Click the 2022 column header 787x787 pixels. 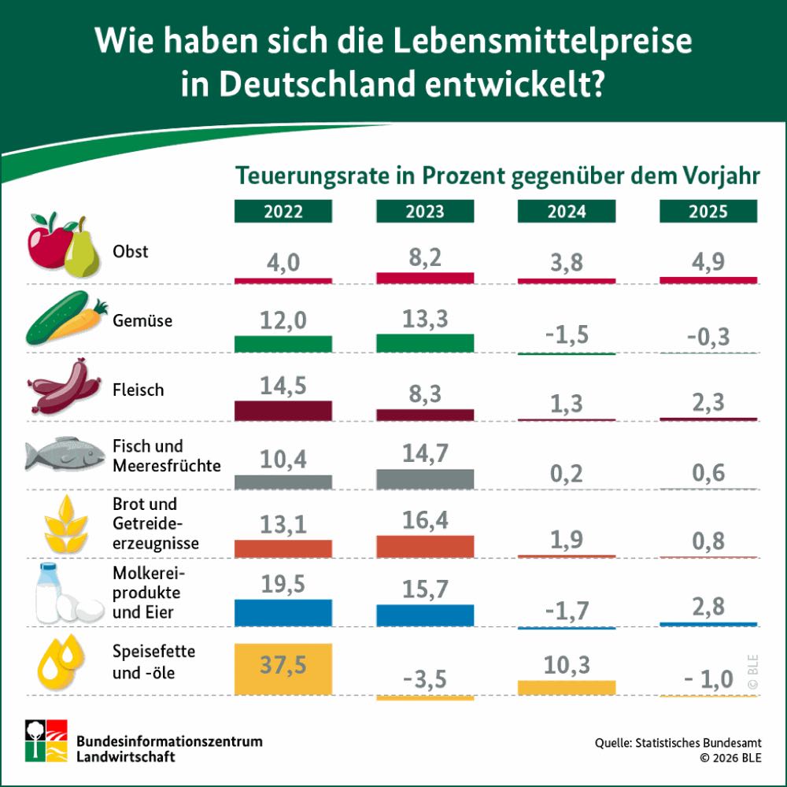283,212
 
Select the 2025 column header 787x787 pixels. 708,212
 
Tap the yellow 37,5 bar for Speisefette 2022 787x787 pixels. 283,669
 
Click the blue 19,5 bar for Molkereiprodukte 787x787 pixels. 283,612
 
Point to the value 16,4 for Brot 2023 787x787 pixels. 425,519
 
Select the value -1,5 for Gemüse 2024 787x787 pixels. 567,334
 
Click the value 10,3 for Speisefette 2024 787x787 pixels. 567,665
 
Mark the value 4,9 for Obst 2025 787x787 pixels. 708,261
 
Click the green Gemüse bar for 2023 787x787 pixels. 425,342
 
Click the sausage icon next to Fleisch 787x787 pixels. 65,388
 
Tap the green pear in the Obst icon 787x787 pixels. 80,250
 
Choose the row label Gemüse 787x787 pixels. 142,321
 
